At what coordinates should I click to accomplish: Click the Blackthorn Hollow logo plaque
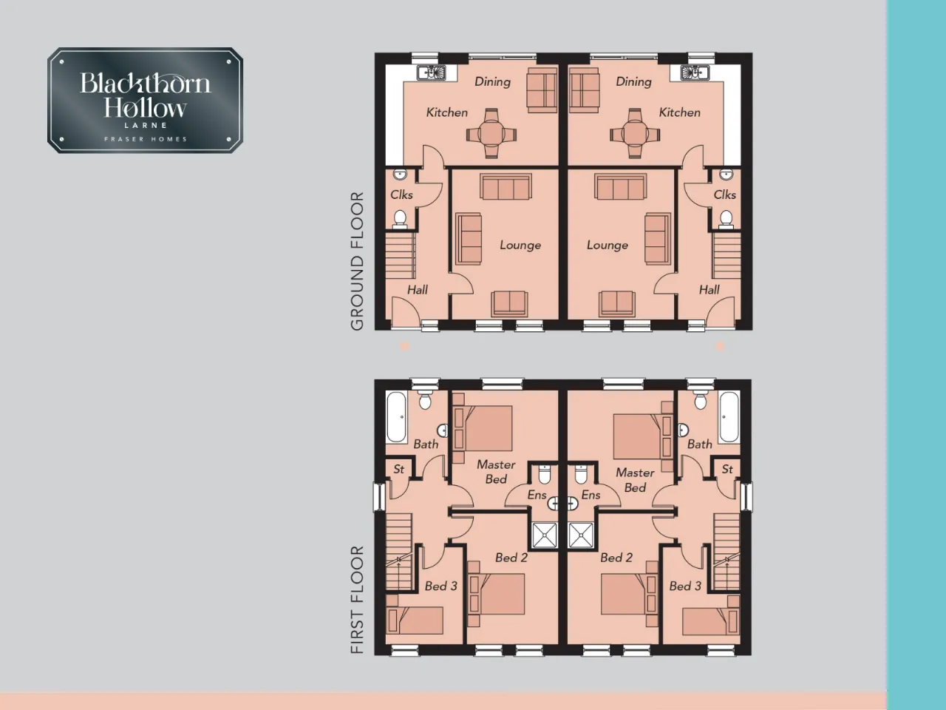tap(146, 100)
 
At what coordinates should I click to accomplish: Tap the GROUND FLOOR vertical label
tap(357, 261)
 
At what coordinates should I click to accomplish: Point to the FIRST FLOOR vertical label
tap(357, 600)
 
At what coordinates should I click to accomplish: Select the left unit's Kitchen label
tap(447, 112)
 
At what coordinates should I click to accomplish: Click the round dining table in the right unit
tap(634, 134)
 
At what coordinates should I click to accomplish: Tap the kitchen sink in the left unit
tap(432, 72)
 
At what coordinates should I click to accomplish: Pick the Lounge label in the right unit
tap(608, 246)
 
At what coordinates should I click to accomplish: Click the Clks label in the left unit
tap(401, 195)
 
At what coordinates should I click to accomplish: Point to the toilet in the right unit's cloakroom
tap(726, 219)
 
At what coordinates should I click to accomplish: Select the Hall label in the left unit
tap(417, 290)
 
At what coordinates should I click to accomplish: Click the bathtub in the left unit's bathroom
tap(396, 417)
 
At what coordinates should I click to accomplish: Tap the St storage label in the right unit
tap(727, 469)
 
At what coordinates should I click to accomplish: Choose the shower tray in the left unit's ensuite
tap(545, 535)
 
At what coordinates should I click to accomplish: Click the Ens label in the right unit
tap(591, 495)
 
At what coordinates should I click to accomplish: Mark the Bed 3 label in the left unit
tap(441, 586)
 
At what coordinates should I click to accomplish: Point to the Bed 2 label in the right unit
tap(616, 558)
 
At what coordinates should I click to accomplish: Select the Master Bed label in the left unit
tap(496, 472)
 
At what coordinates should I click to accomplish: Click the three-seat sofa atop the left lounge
tap(506, 186)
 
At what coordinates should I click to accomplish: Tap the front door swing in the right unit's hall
tap(720, 308)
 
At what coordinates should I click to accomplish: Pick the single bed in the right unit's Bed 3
tap(710, 621)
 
